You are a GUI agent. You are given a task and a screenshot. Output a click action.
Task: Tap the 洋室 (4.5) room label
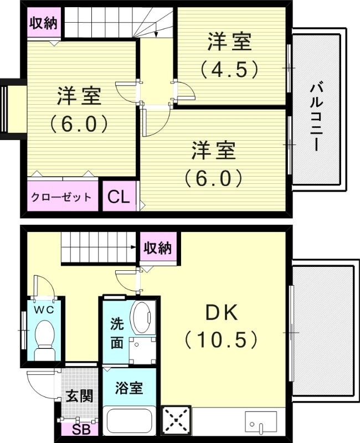tap(229, 55)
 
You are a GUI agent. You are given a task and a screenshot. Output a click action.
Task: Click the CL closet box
tap(118, 197)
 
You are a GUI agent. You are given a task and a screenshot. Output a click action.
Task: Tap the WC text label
tap(43, 310)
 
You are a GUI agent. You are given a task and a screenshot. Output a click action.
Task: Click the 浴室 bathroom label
tap(129, 388)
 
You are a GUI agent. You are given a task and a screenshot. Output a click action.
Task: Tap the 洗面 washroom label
tap(116, 332)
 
